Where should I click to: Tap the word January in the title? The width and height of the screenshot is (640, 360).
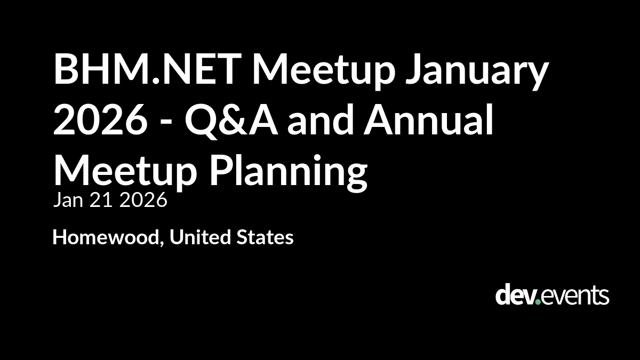(477, 71)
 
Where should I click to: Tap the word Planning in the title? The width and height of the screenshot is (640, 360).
(289, 172)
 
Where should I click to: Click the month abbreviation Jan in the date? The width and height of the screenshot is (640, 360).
(69, 200)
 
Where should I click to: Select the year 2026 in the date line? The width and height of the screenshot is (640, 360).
(143, 200)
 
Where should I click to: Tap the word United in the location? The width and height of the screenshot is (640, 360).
(201, 237)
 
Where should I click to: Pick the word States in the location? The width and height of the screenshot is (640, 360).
(265, 237)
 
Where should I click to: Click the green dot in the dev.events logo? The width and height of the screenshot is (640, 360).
(538, 301)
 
